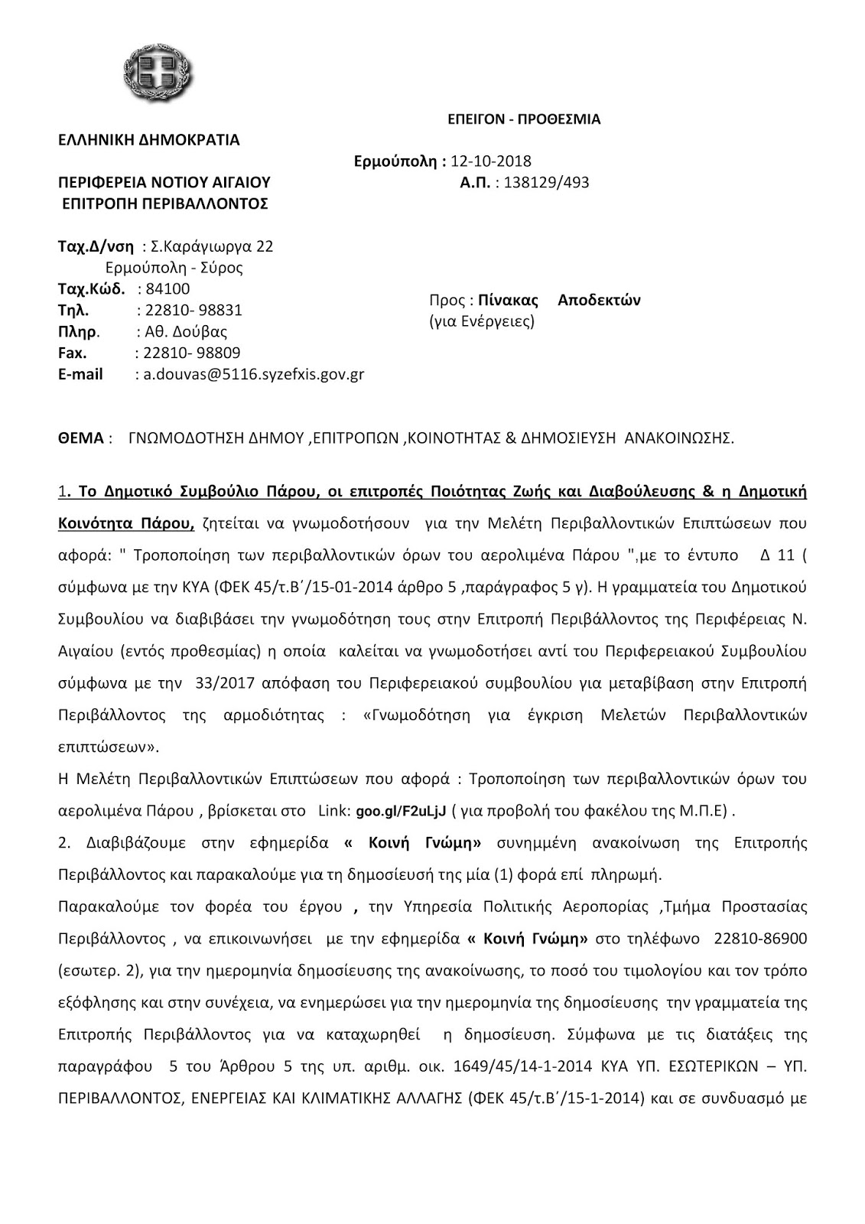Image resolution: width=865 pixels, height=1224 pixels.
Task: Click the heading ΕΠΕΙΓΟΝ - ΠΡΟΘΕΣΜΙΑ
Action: [524, 119]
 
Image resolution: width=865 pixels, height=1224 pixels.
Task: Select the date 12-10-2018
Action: [491, 161]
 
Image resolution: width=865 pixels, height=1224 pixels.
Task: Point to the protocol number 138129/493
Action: [547, 183]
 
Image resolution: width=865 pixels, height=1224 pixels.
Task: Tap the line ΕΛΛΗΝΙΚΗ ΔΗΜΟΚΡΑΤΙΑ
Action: [149, 140]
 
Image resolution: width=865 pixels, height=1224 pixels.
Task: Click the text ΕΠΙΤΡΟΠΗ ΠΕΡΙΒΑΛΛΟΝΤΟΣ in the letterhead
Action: [164, 203]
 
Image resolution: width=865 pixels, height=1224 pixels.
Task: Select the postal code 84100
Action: [167, 289]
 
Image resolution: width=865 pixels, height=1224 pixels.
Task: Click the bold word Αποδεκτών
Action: [599, 300]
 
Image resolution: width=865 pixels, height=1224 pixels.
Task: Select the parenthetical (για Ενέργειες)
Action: [482, 321]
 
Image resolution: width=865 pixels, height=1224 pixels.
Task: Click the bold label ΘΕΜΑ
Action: [80, 438]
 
